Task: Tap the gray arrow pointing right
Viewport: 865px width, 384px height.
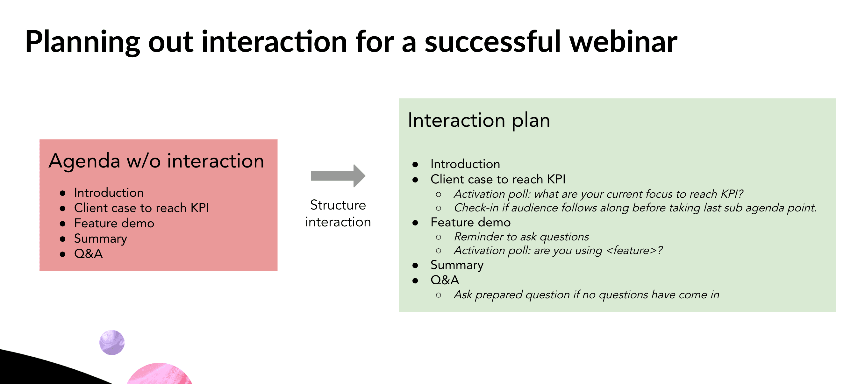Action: pyautogui.click(x=338, y=176)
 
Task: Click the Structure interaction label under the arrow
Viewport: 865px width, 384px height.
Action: pyautogui.click(x=338, y=213)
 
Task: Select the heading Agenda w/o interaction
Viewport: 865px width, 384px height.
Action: pyautogui.click(x=156, y=161)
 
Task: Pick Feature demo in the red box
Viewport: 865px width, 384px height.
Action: pyautogui.click(x=114, y=223)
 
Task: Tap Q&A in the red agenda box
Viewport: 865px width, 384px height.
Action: pyautogui.click(x=88, y=254)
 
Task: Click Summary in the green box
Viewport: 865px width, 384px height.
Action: pyautogui.click(x=457, y=265)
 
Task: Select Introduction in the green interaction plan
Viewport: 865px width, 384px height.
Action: pyautogui.click(x=465, y=164)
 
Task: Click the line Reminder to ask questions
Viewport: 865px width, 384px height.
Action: pyautogui.click(x=521, y=237)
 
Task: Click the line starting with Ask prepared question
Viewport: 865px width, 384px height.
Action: pyautogui.click(x=586, y=295)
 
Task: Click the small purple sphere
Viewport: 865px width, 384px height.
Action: pyautogui.click(x=112, y=342)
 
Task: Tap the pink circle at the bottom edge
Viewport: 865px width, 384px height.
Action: pyautogui.click(x=159, y=374)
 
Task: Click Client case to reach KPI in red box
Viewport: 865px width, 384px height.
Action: pyautogui.click(x=141, y=208)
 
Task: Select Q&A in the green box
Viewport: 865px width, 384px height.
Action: pyautogui.click(x=445, y=280)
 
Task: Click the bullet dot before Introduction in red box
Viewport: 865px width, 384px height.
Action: pyautogui.click(x=62, y=193)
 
